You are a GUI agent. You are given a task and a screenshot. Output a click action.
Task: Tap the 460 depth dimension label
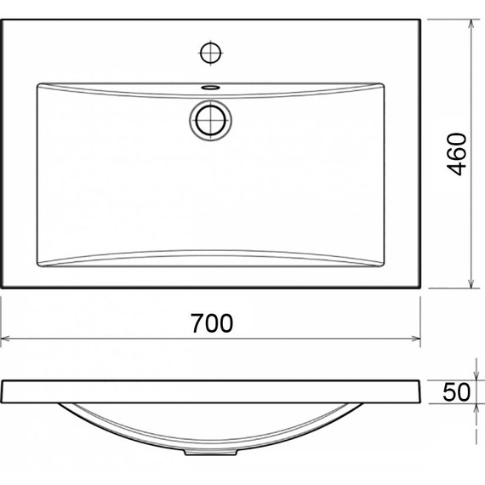click(457, 154)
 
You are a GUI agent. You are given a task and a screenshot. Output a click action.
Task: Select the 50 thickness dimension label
click(457, 392)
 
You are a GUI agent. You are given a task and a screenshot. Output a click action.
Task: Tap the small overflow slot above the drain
click(209, 87)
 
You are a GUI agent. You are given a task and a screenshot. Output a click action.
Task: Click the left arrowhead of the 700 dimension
click(6, 339)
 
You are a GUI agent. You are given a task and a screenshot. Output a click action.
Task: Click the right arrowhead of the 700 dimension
click(417, 339)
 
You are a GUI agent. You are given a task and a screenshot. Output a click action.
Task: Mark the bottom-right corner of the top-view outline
click(421, 288)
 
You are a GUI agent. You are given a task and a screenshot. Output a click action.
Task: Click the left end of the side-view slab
click(4, 391)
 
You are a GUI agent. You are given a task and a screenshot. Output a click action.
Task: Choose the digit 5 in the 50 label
click(449, 392)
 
